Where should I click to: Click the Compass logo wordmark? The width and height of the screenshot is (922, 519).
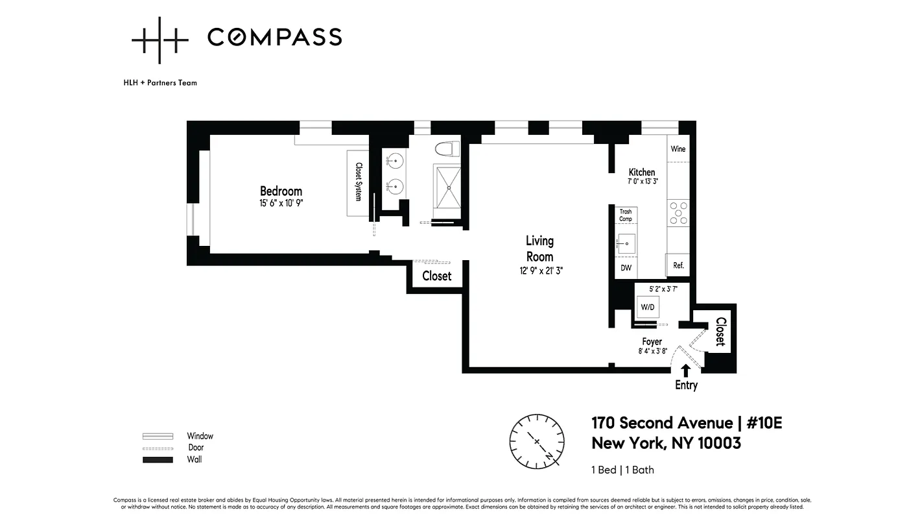[274, 38]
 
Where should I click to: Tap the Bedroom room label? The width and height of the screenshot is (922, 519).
[281, 191]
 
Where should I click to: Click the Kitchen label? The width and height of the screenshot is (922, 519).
[641, 172]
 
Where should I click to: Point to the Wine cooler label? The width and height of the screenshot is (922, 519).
[678, 149]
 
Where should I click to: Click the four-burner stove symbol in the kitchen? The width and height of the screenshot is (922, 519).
[678, 213]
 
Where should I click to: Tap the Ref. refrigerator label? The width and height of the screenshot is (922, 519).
[678, 265]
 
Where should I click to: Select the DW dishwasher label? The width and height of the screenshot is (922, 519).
[626, 268]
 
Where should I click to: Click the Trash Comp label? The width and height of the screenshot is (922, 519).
[625, 215]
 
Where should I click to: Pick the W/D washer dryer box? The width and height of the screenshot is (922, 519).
[647, 306]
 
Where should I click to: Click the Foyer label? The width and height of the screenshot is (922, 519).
[652, 342]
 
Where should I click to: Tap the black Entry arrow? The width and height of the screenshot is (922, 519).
[686, 370]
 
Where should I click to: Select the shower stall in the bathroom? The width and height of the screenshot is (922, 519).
[447, 186]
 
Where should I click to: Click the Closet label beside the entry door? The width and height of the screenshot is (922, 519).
[720, 332]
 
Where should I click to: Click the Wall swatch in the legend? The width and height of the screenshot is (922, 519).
[158, 460]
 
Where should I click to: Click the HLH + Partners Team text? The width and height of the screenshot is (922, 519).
[160, 83]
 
